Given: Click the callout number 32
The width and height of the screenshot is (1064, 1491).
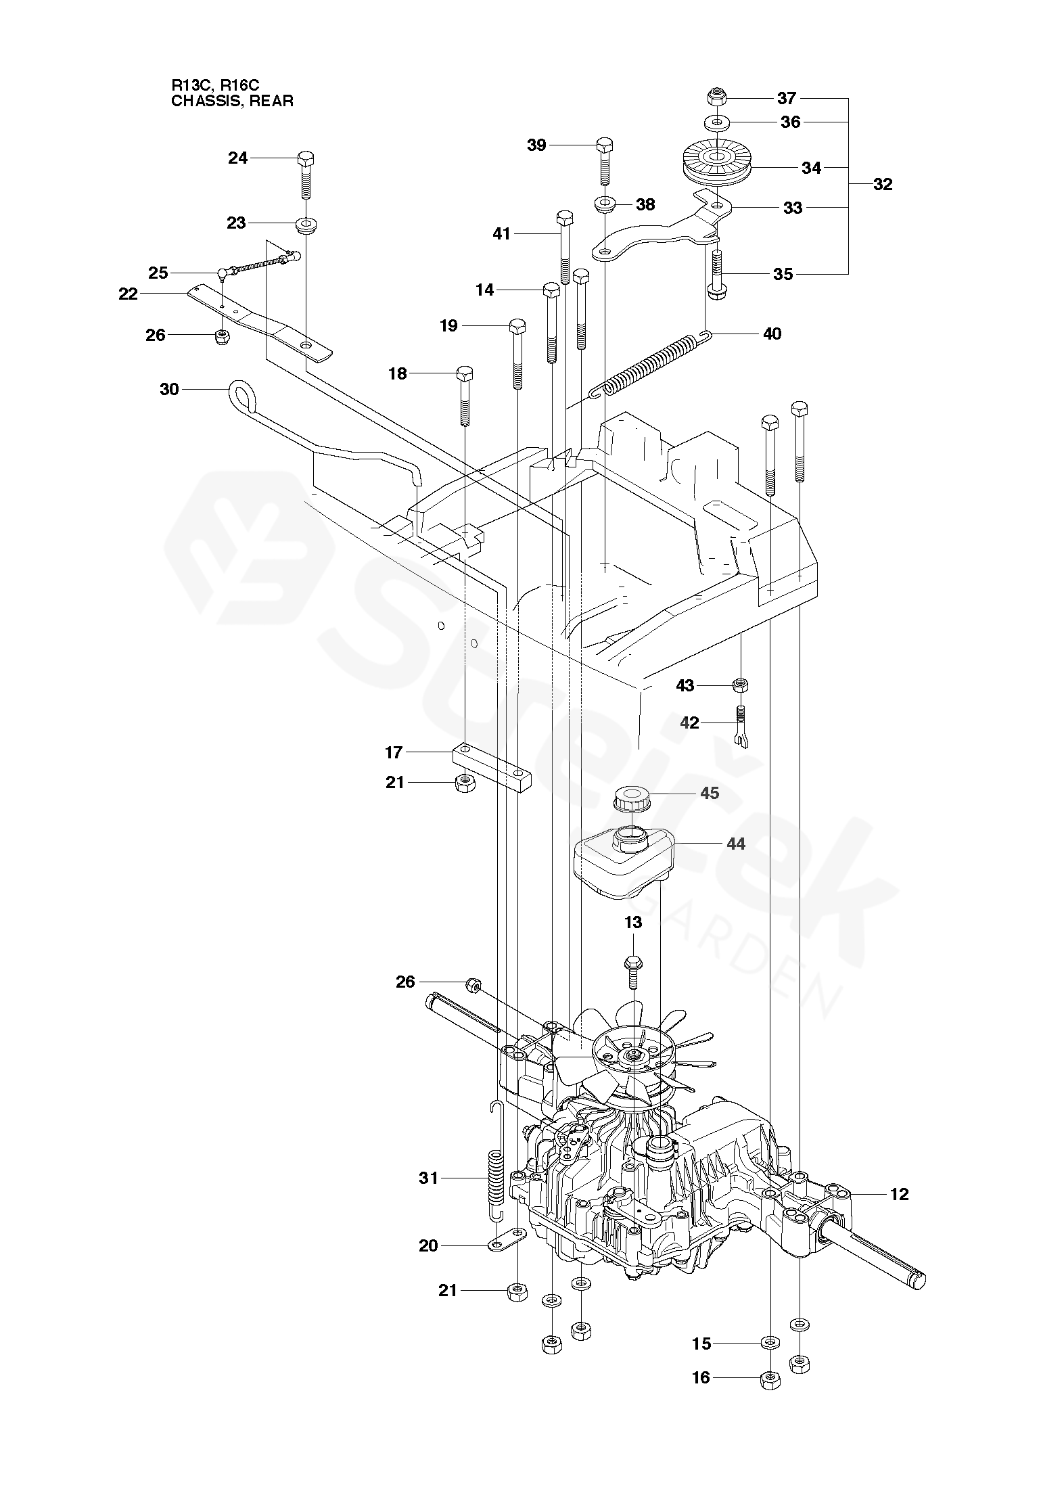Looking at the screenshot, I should coord(882,184).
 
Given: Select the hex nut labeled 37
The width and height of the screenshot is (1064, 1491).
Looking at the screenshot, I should coord(716,97).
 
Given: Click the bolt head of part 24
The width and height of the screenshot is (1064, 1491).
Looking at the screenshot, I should coord(306,159).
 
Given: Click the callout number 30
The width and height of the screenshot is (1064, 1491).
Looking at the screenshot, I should coord(169,389).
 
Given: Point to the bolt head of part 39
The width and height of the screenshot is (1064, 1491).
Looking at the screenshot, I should coord(605,144).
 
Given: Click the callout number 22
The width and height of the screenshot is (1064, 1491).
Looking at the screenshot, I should coord(128,294).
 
